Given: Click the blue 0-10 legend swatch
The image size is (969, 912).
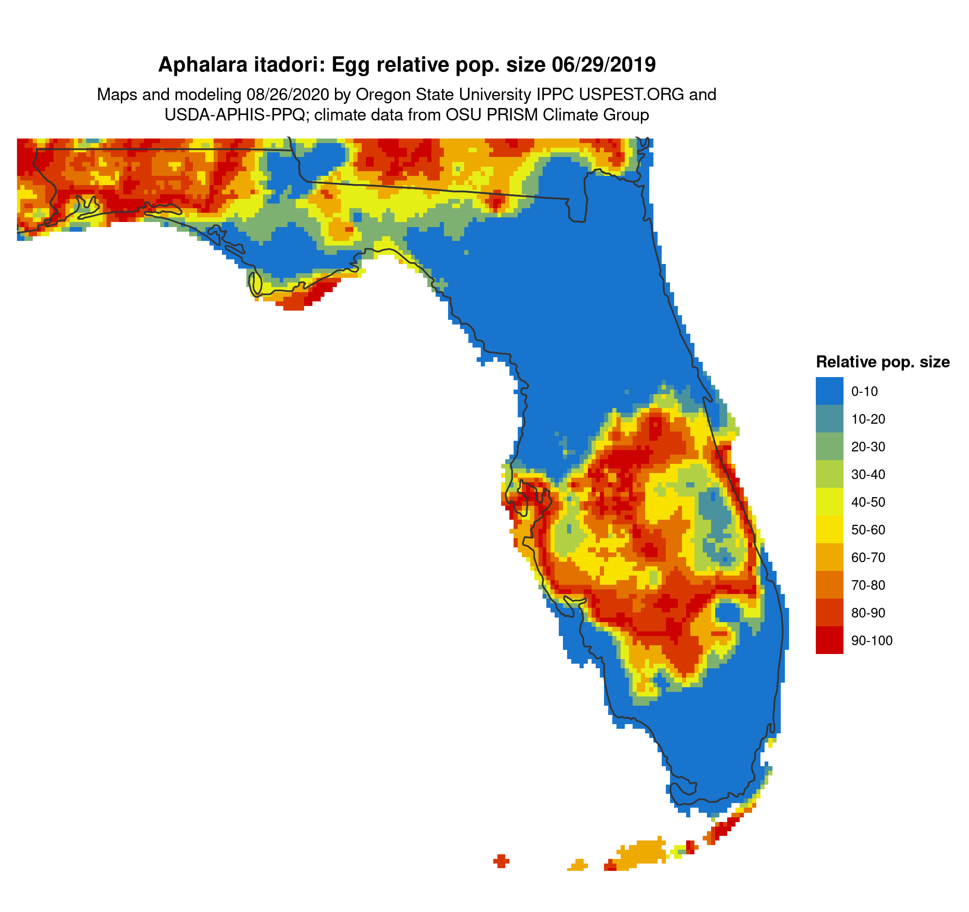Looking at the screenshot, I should coord(829,391).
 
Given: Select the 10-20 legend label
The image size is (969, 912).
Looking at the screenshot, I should coord(867,419).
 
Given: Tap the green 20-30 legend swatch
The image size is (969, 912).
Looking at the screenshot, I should coord(829,446).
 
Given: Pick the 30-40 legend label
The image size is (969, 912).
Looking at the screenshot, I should coord(867,474).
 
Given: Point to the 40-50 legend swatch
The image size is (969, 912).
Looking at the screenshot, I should coord(829,502).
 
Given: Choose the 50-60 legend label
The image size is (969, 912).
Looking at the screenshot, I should coord(867,530).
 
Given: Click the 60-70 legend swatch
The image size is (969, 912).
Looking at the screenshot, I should coord(829,557).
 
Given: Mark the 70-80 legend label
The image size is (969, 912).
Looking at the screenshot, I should coord(867,585).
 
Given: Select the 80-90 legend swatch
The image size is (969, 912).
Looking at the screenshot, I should coord(829,613).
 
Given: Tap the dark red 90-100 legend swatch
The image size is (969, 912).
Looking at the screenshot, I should coord(829,641).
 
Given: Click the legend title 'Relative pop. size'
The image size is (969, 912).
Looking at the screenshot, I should coord(882,362).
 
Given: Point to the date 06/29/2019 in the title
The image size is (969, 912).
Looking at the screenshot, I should coord(604,65).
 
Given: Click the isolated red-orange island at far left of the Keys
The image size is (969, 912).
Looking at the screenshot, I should coord(501,861).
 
